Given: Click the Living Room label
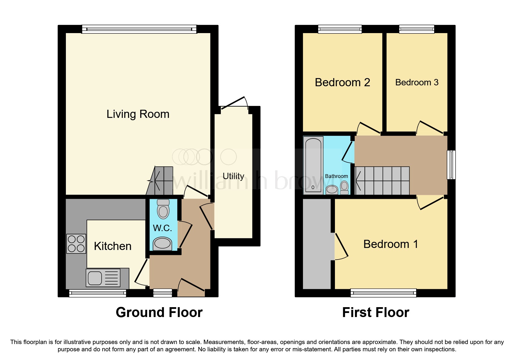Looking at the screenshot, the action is click(x=138, y=114).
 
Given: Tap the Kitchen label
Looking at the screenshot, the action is click(x=113, y=246).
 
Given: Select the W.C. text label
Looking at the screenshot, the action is click(x=163, y=228).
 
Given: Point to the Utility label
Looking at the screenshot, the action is click(x=233, y=176).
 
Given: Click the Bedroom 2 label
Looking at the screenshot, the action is click(x=342, y=82).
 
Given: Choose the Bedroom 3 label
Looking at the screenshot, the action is click(x=417, y=82).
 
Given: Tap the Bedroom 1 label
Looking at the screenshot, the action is click(x=391, y=244).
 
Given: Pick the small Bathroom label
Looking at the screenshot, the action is click(x=336, y=176).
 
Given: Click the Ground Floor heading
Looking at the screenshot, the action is click(x=159, y=312).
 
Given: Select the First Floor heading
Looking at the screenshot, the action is click(x=376, y=312).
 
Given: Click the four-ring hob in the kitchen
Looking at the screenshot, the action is click(x=76, y=244).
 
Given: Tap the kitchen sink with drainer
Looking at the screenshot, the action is click(x=103, y=278).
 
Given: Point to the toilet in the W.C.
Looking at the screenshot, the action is click(x=163, y=209).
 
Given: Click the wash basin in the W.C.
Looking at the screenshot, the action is click(x=162, y=244).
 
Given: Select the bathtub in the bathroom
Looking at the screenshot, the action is click(x=313, y=165).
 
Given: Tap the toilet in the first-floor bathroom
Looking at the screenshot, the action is click(x=344, y=188).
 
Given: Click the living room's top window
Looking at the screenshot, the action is click(x=139, y=29).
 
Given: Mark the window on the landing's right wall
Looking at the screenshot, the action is click(x=451, y=165).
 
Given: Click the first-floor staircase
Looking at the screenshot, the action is click(x=383, y=181).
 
